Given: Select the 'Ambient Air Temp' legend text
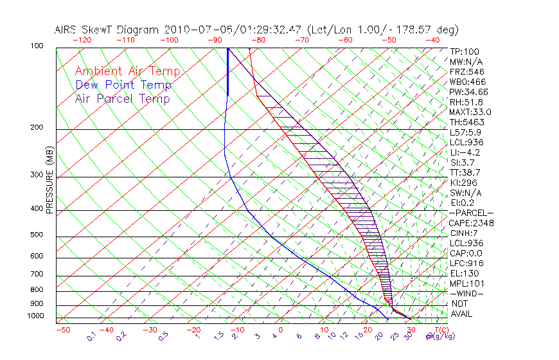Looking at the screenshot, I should coord(127,71).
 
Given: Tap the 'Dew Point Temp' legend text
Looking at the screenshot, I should coord(123,85).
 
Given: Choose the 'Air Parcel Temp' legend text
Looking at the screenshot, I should coord(122,98).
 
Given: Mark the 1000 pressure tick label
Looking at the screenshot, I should coord(37,316).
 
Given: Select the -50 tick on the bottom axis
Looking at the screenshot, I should coord(62,330).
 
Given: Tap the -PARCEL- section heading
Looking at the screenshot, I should coord(471,213).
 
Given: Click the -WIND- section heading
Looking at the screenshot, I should coord(467,293).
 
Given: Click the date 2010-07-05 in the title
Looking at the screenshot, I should coord(193,30).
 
